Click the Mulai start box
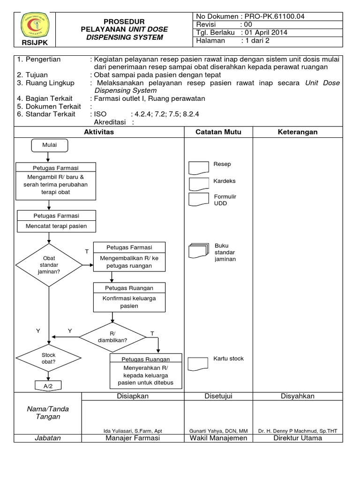[49, 145]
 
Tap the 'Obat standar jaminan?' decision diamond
[49, 265]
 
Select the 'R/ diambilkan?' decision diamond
[112, 336]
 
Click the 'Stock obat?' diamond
[49, 359]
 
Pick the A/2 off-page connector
[49, 385]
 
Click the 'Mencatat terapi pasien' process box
[56, 226]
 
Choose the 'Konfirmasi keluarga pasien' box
[129, 302]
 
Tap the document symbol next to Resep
[199, 168]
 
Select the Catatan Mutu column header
[218, 132]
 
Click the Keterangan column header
[297, 132]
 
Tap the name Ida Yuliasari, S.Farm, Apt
[133, 431]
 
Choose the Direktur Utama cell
[297, 438]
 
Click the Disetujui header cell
[218, 396]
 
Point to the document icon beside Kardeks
[199, 183]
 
